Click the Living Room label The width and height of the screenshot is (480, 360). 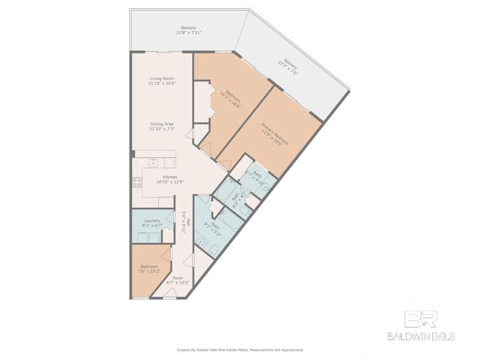161,78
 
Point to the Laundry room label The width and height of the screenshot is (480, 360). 152,220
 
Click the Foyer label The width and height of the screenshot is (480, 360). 177,277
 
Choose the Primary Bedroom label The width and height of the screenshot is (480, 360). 274,130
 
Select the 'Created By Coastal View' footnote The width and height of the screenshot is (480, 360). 239,349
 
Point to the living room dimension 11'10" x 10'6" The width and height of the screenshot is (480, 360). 161,83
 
